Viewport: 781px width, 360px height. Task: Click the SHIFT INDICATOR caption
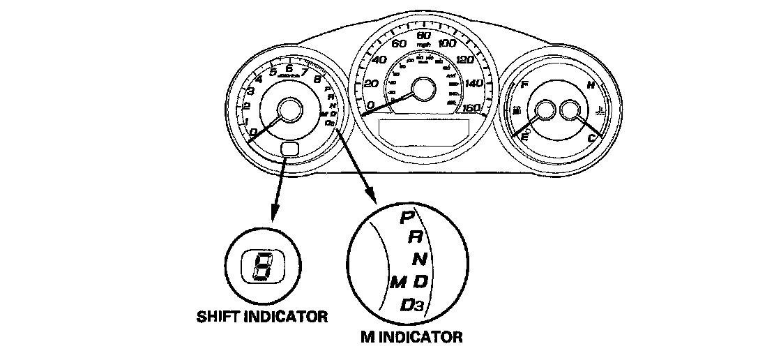(261, 317)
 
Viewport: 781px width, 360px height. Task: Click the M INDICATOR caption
(411, 338)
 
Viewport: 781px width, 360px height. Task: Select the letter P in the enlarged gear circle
(407, 218)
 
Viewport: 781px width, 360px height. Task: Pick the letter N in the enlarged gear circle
(420, 260)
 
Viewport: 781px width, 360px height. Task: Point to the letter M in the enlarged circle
(398, 283)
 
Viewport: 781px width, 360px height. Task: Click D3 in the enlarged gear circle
(415, 304)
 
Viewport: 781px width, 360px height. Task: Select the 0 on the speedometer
(372, 105)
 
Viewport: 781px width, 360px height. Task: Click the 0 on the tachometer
(252, 132)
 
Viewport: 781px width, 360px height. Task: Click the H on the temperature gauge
(591, 86)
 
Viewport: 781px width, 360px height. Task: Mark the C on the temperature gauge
(591, 137)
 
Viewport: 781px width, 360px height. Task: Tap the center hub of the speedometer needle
(423, 90)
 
